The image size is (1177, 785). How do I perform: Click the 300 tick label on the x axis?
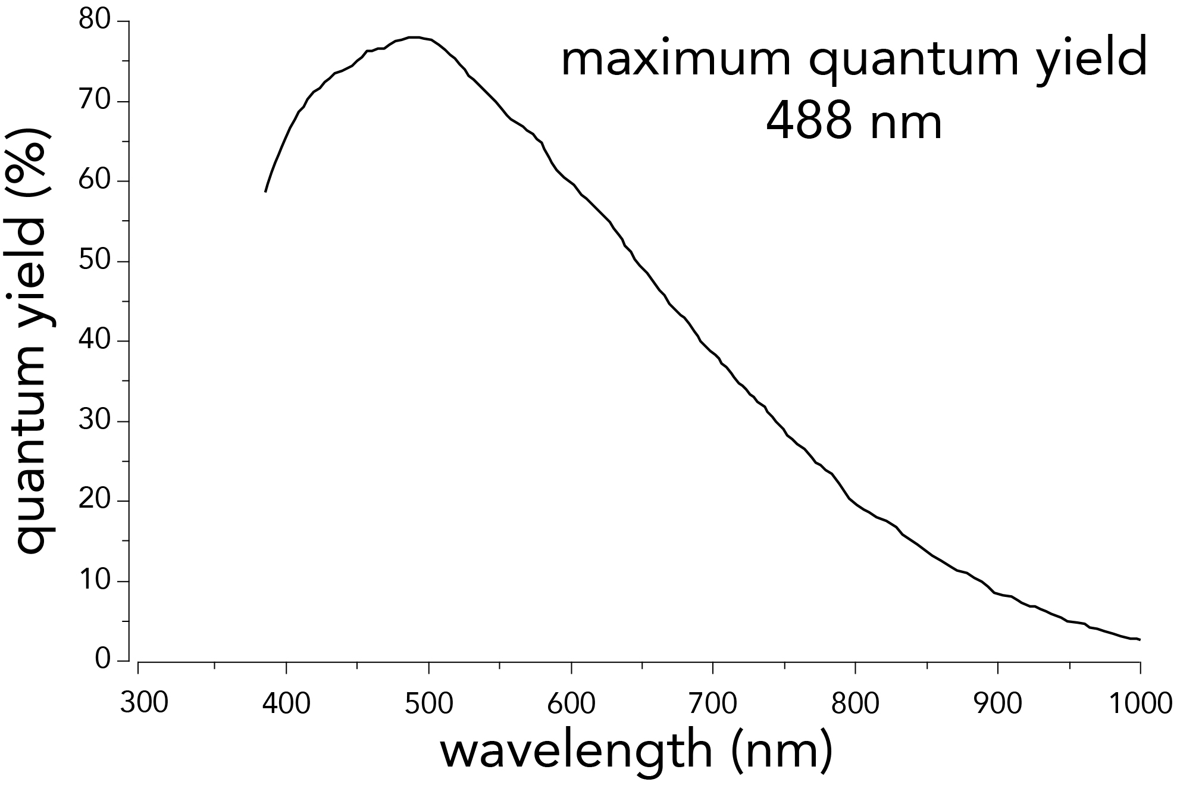144,703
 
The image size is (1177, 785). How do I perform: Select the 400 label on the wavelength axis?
286,703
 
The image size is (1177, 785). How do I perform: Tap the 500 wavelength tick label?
428,703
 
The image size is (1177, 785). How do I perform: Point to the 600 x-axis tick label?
571,703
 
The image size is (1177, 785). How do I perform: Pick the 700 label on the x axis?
713,703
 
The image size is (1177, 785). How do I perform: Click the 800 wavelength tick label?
855,703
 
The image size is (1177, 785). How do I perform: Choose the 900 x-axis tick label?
997,703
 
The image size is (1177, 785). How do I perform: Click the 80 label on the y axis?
95,21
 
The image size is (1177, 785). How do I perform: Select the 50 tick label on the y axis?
95,261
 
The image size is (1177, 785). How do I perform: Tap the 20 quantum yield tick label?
95,501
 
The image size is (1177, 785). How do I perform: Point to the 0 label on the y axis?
103,660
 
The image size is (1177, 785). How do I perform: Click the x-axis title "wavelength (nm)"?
636,752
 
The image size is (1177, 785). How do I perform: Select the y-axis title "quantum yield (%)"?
31,340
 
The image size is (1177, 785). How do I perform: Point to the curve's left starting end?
265,192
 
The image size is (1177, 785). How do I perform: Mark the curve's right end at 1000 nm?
1140,640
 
